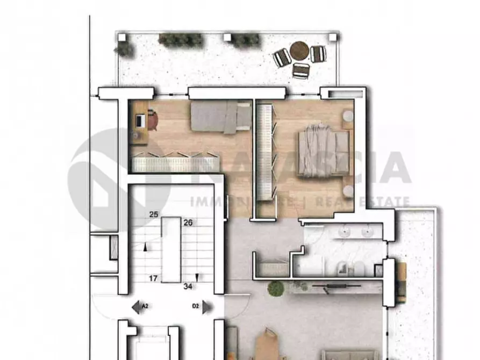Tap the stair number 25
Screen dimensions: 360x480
154,215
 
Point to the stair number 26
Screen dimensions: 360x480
188,222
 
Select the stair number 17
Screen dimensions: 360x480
154,278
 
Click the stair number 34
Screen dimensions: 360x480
188,286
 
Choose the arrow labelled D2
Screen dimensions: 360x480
200,307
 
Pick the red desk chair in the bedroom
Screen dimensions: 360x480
153,120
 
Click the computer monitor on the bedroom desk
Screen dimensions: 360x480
140,121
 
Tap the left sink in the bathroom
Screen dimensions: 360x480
345,232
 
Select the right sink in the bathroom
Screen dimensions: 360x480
367,232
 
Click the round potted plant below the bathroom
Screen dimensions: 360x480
276,288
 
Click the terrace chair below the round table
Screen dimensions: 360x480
302,70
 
